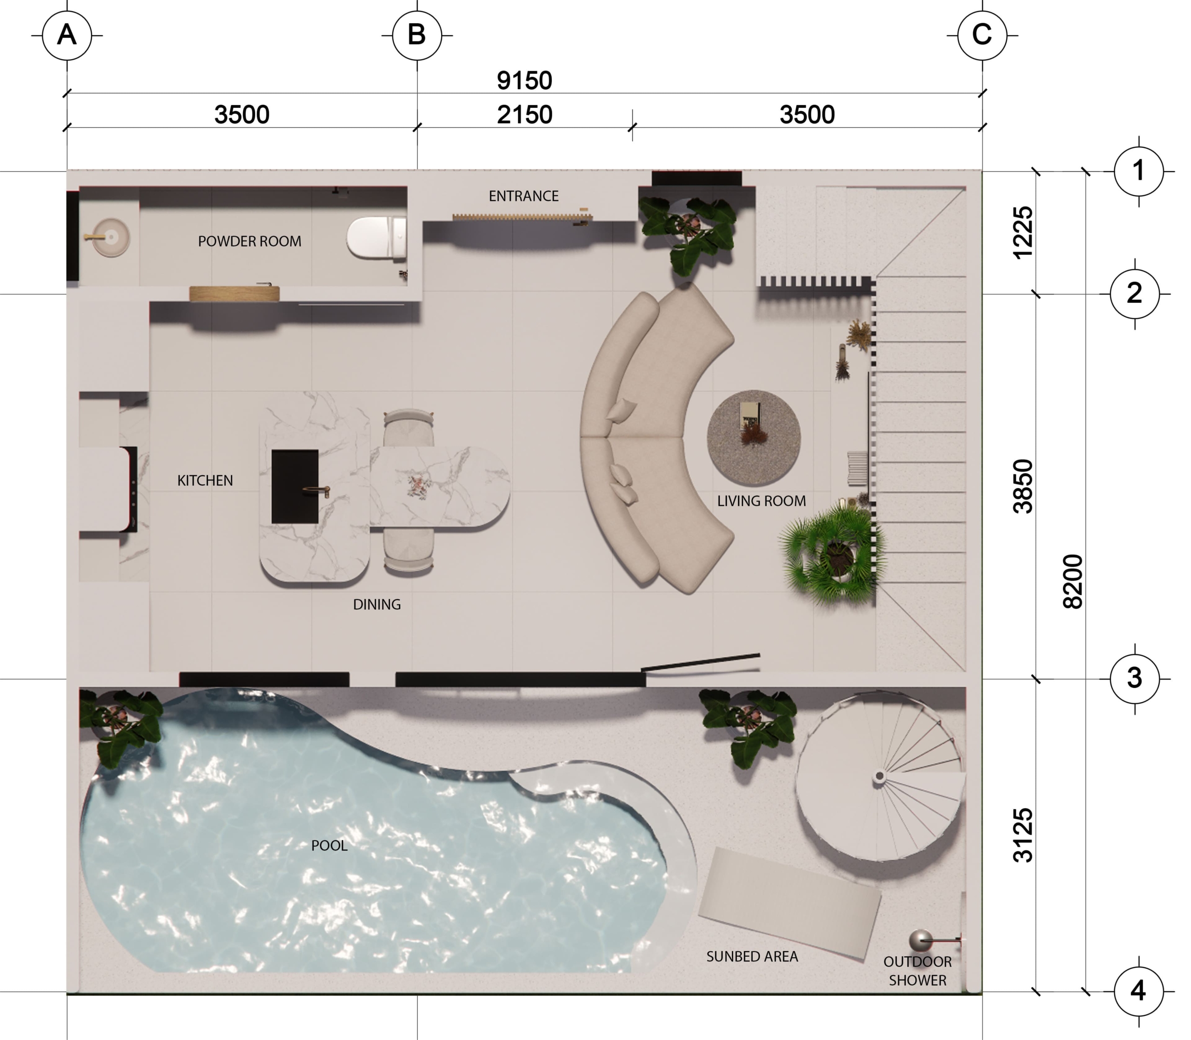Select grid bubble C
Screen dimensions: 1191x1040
click(x=982, y=35)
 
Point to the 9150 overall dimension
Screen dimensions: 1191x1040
click(x=524, y=80)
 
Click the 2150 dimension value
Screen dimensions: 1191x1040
click(x=524, y=115)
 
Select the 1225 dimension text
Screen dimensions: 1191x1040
click(x=1023, y=233)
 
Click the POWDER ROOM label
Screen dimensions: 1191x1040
click(x=249, y=241)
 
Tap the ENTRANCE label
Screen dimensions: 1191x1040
click(x=523, y=196)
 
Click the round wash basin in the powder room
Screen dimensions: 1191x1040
click(x=110, y=237)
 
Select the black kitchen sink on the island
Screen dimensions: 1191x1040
click(x=295, y=487)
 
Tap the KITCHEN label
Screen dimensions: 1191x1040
click(x=205, y=480)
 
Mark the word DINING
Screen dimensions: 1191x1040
click(x=377, y=605)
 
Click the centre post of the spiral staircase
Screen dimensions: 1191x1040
click(x=879, y=776)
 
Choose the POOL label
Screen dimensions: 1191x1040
click(x=329, y=846)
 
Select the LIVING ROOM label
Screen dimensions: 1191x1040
click(x=762, y=501)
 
